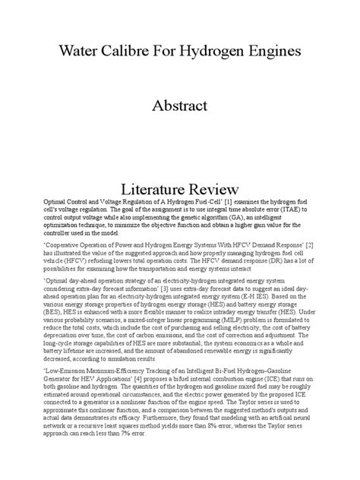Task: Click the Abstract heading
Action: (179, 106)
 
